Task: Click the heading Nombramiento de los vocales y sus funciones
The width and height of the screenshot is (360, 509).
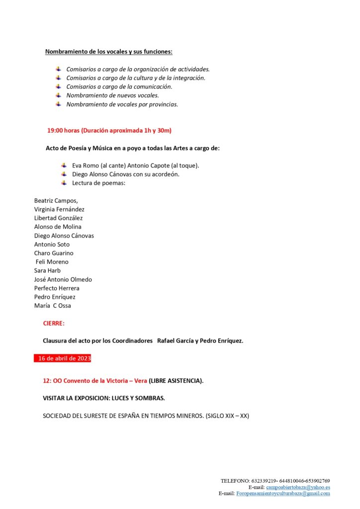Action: [109, 52]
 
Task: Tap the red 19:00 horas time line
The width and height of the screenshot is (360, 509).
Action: [109, 131]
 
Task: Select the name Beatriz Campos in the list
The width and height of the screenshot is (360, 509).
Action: [56, 200]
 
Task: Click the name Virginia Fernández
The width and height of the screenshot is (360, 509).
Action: [59, 209]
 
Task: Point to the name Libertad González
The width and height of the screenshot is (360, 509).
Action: [58, 218]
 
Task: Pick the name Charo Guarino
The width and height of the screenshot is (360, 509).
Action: [54, 253]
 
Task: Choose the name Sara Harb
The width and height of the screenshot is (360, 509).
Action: [47, 270]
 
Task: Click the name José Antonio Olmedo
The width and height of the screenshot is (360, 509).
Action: [63, 279]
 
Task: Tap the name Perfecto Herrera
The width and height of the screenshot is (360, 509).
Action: [57, 288]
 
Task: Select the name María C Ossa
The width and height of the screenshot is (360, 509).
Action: [53, 306]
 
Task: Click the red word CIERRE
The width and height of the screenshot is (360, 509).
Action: [54, 323]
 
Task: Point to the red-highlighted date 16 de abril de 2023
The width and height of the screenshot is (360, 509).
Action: [63, 358]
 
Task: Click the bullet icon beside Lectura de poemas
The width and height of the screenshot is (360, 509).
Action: [64, 183]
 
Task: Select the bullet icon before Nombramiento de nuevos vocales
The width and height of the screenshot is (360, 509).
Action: [58, 95]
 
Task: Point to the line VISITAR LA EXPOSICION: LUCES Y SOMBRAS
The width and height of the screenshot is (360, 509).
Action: [104, 398]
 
